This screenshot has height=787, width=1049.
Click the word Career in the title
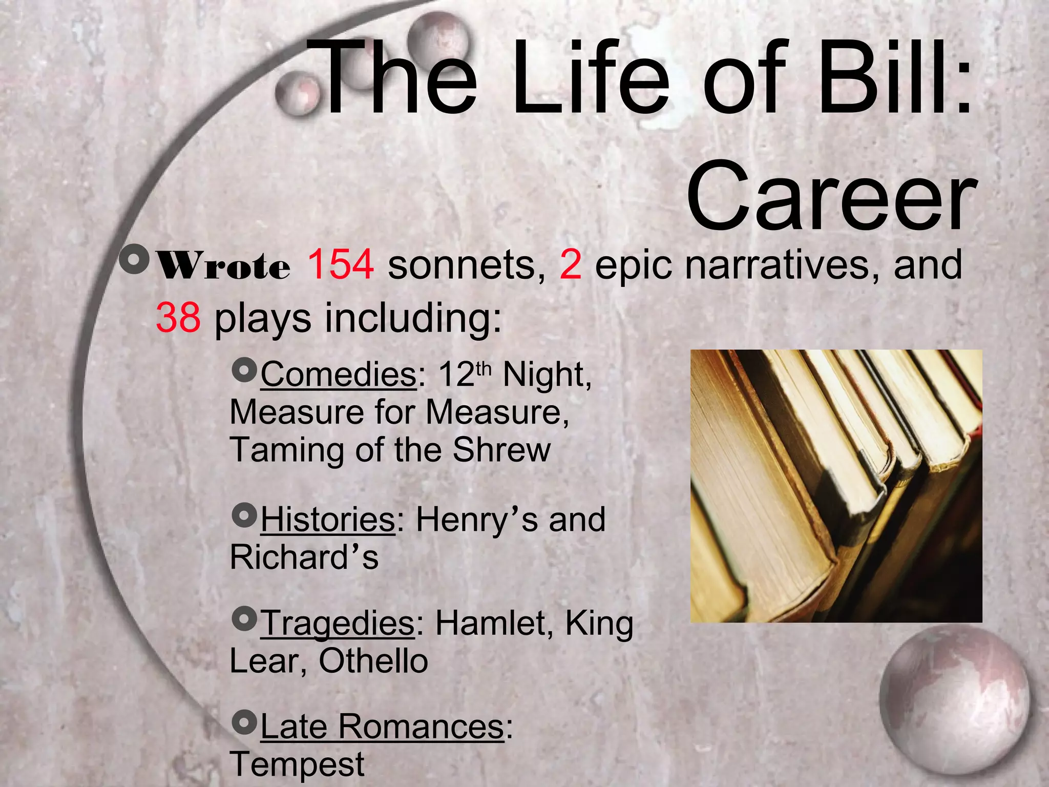point(831,197)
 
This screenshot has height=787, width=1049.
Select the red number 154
point(340,264)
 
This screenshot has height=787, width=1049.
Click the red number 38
point(178,318)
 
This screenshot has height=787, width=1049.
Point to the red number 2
point(570,264)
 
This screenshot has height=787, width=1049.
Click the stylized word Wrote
point(223,266)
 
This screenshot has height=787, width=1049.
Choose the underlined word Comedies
point(338,375)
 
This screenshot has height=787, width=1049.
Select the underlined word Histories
point(328,520)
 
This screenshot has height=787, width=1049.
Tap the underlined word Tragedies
point(338,624)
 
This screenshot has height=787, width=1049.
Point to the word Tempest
point(297,764)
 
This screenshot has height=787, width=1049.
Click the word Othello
point(373,661)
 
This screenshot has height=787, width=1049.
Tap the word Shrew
point(501,450)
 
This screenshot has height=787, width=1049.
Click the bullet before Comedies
point(243,369)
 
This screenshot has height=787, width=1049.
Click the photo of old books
point(836,486)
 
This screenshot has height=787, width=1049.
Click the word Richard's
point(304,557)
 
